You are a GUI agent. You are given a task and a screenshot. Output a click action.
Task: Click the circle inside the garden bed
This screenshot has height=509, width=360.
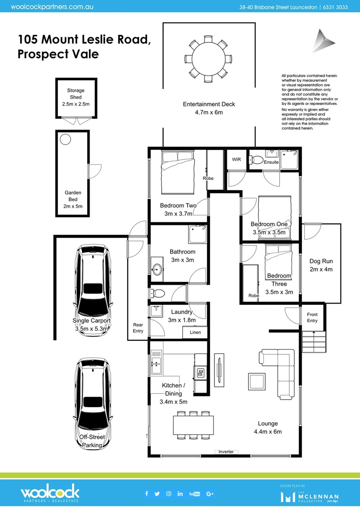(65, 139)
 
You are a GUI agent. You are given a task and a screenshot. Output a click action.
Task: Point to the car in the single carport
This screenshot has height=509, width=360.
(95, 281)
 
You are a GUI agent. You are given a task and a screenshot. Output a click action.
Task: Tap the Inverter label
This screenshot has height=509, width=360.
(226, 452)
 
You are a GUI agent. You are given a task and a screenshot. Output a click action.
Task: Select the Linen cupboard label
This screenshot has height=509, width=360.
(196, 332)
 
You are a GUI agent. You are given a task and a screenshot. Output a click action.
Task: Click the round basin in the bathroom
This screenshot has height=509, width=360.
(157, 270)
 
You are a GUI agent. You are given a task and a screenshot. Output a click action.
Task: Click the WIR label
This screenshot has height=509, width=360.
(236, 159)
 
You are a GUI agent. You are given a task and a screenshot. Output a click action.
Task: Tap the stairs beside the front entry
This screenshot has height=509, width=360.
(313, 341)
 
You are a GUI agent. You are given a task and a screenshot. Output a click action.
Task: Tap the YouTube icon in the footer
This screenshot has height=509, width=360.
(194, 493)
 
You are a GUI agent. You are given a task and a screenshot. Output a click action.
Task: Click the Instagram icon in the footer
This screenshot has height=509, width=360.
(169, 493)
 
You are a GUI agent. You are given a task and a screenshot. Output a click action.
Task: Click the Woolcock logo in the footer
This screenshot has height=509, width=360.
(49, 493)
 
